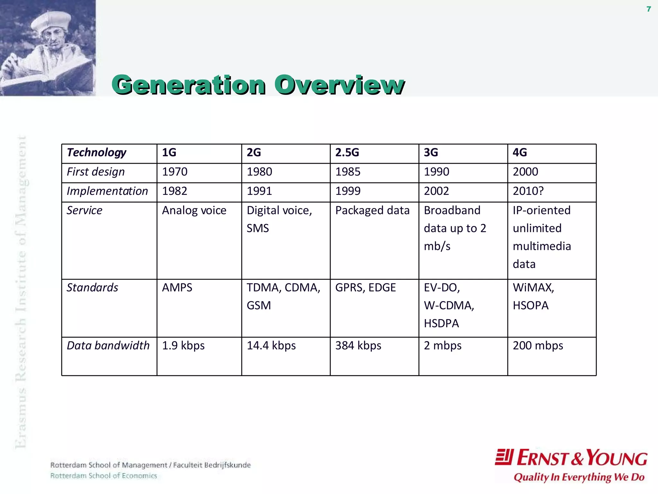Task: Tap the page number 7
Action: click(x=649, y=9)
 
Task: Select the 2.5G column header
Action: click(x=347, y=152)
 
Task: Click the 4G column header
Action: click(x=520, y=152)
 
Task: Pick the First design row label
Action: click(x=96, y=172)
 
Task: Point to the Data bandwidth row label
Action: click(x=108, y=345)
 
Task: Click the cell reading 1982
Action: click(x=174, y=191)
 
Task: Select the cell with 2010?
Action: click(x=528, y=191)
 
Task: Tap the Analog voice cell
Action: click(x=194, y=210)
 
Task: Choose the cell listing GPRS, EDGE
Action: click(x=365, y=288)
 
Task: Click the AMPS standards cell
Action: click(x=177, y=288)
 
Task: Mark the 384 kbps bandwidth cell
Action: click(x=358, y=345)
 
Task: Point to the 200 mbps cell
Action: click(x=538, y=345)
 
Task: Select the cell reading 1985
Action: click(x=348, y=172)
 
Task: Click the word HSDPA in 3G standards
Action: click(x=441, y=323)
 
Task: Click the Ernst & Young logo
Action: click(x=571, y=458)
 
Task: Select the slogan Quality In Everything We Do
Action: click(x=579, y=477)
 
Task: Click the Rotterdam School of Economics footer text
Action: click(x=103, y=476)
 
